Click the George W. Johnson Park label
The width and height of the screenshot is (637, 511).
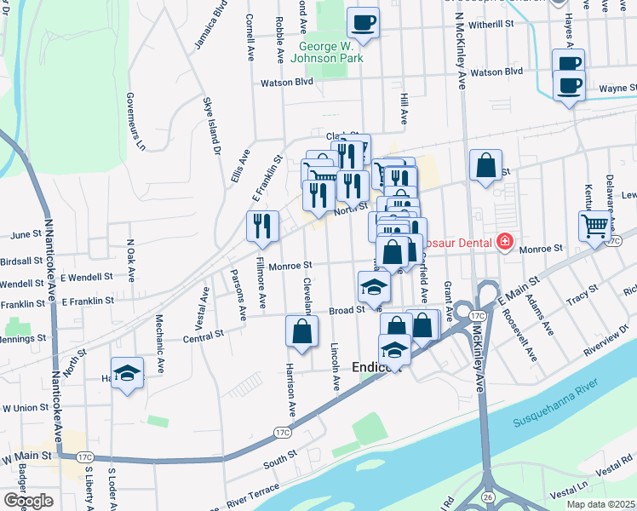pyautogui.click(x=330, y=52)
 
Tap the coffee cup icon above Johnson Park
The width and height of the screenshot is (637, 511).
pyautogui.click(x=364, y=23)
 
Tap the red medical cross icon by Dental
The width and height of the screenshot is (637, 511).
pyautogui.click(x=505, y=244)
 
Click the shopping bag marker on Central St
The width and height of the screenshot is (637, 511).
pyautogui.click(x=301, y=332)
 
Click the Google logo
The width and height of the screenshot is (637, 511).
pyautogui.click(x=28, y=501)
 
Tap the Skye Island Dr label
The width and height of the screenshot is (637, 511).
pyautogui.click(x=211, y=125)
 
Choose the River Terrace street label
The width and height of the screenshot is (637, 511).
pyautogui.click(x=254, y=494)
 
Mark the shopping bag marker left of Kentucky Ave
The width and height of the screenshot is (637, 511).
pyautogui.click(x=485, y=166)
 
